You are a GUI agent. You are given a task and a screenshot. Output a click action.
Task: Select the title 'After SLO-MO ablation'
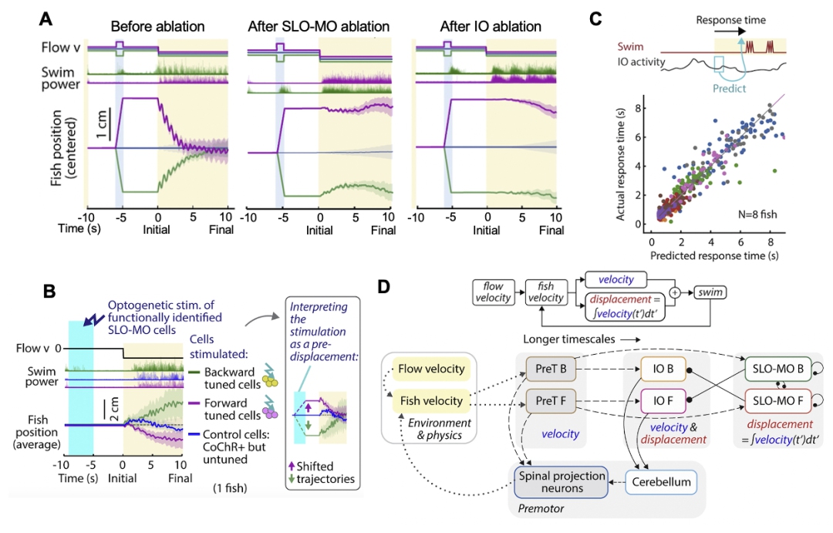[x=319, y=27]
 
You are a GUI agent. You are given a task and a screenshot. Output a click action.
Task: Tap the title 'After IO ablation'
[x=491, y=27]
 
